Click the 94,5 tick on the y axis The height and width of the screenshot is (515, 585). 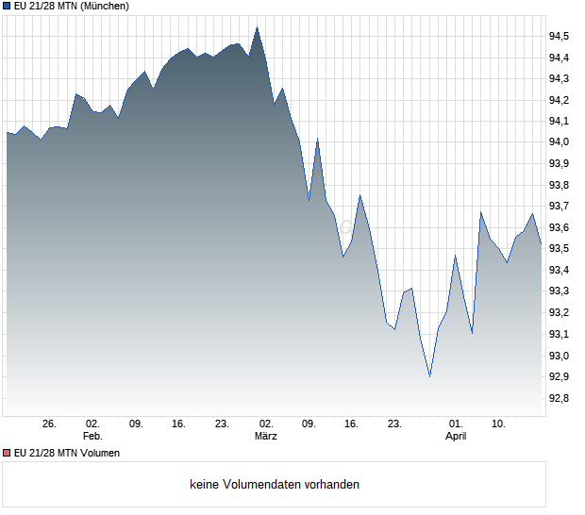coord(560,36)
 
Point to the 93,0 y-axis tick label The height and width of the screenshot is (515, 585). coord(560,356)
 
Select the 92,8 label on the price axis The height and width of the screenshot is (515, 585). coord(560,398)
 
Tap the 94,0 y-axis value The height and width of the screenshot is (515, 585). coord(560,142)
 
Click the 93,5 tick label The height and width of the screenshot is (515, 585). coord(560,249)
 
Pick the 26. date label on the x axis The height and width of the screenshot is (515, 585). coord(50,424)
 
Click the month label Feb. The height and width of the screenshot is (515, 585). coord(92,436)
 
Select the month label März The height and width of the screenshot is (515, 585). coord(266,436)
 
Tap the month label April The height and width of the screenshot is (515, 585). coord(456,436)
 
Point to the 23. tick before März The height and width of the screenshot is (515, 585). coord(222,424)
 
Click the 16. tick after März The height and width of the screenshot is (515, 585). coord(351,424)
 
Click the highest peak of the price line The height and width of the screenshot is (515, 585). coord(258,27)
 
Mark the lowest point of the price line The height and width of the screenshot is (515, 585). coord(429,376)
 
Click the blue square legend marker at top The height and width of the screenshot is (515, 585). coord(7,7)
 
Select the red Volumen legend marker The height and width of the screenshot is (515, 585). coord(7,453)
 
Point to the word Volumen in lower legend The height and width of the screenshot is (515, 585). coord(98,453)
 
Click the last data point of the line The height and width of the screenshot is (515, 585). coord(541,244)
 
